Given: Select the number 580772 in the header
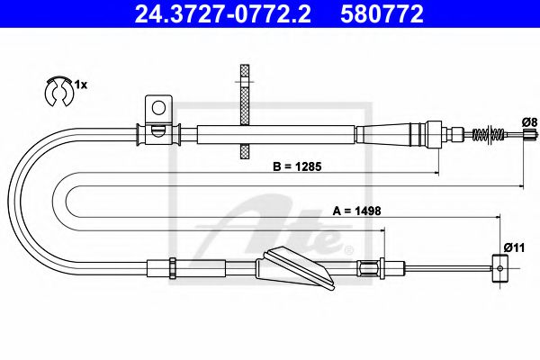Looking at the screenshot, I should tap(382, 13).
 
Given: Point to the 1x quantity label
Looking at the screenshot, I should tap(80, 84).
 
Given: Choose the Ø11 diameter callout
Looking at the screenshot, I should tap(513, 247).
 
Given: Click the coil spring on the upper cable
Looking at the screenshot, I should tap(486, 135).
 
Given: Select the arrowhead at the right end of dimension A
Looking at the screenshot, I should tap(497, 217).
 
